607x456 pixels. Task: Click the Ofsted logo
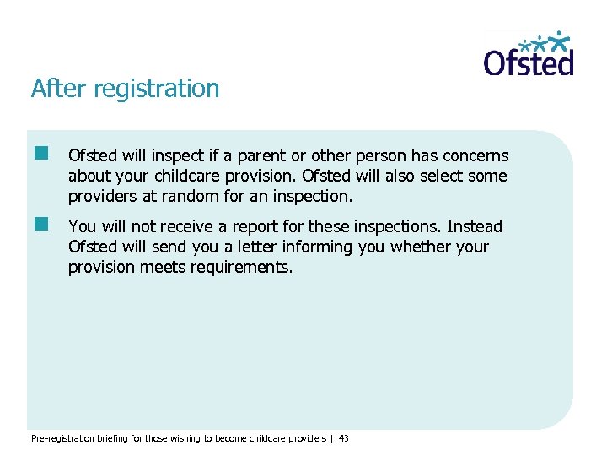click(529, 54)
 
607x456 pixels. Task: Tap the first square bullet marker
click(40, 154)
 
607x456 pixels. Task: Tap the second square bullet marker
click(40, 225)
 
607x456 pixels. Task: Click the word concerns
click(475, 156)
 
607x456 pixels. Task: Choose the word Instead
click(474, 227)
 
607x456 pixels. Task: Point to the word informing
click(301, 247)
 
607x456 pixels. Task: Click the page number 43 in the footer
click(343, 438)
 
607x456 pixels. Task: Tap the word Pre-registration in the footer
click(59, 438)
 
